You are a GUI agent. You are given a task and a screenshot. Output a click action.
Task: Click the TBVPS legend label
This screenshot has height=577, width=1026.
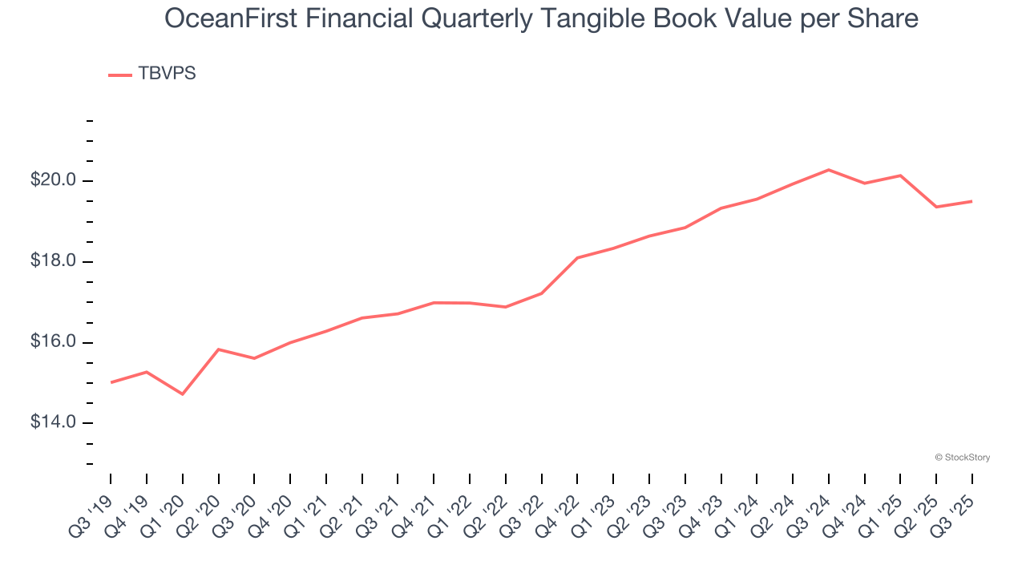coord(167,74)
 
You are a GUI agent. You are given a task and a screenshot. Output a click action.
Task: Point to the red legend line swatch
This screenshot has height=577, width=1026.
coord(120,75)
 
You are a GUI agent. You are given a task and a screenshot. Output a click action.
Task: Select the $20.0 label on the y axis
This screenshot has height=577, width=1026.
coord(53,180)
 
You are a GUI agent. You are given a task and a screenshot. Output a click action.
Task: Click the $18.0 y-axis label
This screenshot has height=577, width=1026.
coord(53,261)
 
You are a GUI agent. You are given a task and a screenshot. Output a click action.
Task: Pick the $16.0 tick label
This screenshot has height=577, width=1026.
coord(53,342)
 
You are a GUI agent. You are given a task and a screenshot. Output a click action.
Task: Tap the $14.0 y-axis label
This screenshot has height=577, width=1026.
coord(53,422)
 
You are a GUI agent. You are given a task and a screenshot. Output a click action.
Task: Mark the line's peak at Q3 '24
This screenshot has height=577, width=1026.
coord(829,170)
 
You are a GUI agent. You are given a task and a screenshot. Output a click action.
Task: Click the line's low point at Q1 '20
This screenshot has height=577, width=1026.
coord(183,394)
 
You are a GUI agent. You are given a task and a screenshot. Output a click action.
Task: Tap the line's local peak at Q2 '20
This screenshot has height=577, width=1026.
coord(218,349)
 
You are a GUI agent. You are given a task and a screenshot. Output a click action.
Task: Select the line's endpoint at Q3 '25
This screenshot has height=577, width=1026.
coord(972,201)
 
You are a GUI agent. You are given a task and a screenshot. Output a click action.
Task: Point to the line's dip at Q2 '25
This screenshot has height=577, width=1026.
coord(936,207)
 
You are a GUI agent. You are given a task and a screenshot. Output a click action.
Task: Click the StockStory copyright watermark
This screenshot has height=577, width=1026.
coord(962,458)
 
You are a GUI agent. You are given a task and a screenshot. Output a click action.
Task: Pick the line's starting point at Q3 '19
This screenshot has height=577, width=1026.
coord(111,382)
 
